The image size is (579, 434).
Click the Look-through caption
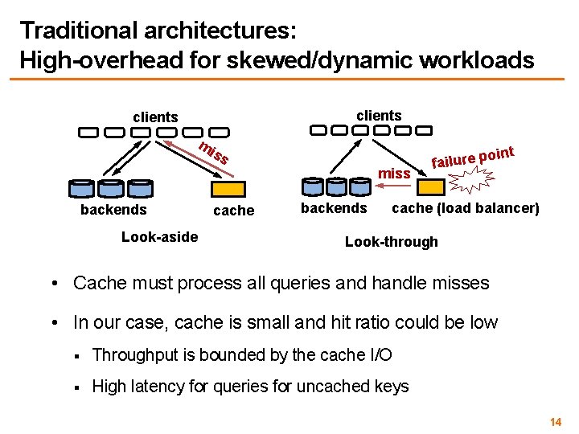pyautogui.click(x=391, y=242)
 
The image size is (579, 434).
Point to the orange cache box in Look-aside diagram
pyautogui.click(x=228, y=189)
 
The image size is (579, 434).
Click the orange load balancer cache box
pyautogui.click(x=430, y=186)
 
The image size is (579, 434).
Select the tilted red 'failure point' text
pyautogui.click(x=472, y=153)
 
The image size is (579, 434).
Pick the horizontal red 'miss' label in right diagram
pyautogui.click(x=394, y=174)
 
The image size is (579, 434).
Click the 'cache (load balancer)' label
pyautogui.click(x=465, y=208)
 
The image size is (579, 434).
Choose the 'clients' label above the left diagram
pyautogui.click(x=155, y=117)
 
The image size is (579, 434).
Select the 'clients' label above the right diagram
pyautogui.click(x=378, y=115)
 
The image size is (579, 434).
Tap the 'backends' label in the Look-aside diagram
pyautogui.click(x=113, y=210)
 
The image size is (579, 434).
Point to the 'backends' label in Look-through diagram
pyautogui.click(x=333, y=208)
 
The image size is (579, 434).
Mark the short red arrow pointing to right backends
pyautogui.click(x=394, y=186)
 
